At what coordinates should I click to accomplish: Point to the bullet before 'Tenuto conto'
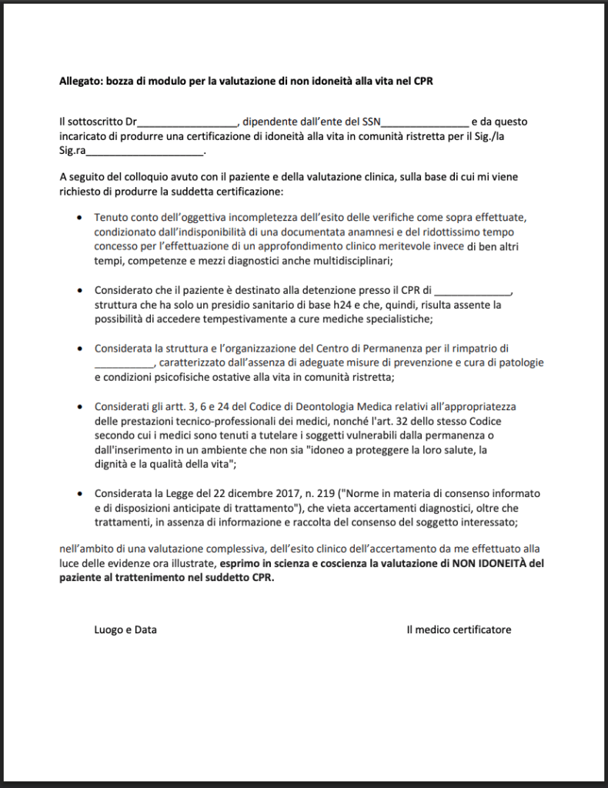pos(81,219)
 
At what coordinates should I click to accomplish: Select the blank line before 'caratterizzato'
pos(124,362)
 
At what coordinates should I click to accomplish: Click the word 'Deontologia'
pos(297,406)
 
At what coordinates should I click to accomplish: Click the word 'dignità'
pos(112,464)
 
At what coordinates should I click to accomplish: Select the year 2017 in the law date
pos(249,493)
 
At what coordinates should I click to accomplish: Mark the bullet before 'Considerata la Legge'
pos(81,493)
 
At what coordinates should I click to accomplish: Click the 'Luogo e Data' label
pos(125,629)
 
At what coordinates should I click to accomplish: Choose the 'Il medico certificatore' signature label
pos(459,629)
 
